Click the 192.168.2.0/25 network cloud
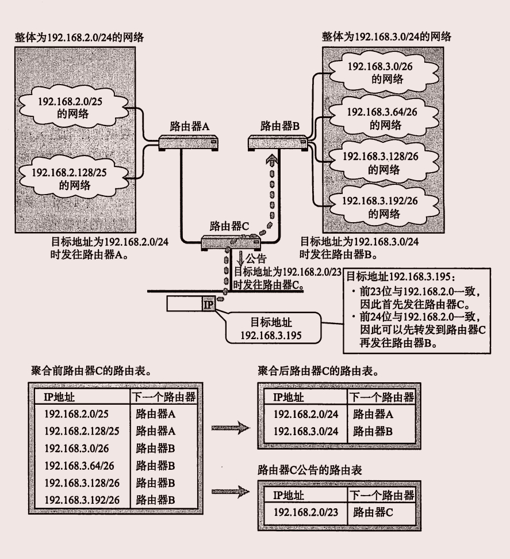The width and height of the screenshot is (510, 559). (x=74, y=107)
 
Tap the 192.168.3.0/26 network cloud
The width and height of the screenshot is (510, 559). (x=376, y=73)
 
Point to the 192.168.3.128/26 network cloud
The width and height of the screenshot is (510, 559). (x=377, y=162)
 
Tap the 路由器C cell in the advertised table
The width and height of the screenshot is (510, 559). (x=373, y=512)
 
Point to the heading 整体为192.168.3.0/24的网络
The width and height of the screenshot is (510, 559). (x=386, y=37)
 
